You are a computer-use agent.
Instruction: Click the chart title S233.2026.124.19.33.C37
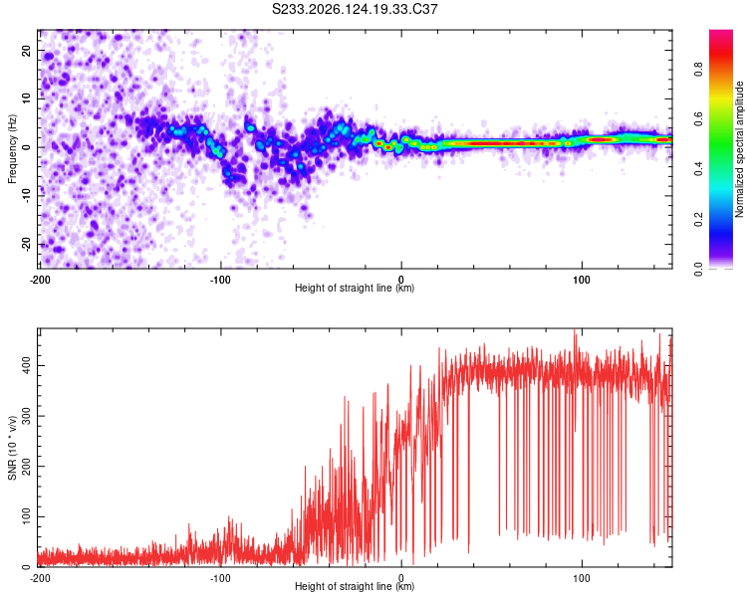click(x=355, y=9)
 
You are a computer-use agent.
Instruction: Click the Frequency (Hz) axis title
click(x=12, y=149)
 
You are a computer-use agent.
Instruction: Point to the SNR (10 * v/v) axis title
click(x=12, y=448)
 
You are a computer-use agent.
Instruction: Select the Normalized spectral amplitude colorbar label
click(x=739, y=149)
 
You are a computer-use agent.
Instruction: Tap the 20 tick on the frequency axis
click(x=27, y=50)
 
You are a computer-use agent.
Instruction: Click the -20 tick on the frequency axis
click(x=27, y=244)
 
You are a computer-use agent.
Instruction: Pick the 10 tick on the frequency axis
click(x=27, y=99)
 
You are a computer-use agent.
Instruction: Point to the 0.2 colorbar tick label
click(x=698, y=219)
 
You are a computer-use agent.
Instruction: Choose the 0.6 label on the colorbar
click(x=698, y=119)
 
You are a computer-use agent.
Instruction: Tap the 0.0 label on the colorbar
click(x=698, y=269)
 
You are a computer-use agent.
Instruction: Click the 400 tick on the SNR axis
click(x=27, y=365)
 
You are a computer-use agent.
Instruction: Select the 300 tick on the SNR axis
click(x=27, y=416)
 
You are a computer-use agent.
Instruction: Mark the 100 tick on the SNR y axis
click(x=27, y=516)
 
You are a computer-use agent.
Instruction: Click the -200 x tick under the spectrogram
click(x=40, y=280)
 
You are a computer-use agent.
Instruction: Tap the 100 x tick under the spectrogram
click(x=582, y=280)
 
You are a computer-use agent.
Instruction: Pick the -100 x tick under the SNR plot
click(x=220, y=578)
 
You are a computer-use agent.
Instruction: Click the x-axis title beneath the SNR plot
click(x=355, y=586)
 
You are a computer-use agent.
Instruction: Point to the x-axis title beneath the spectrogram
click(x=355, y=288)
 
